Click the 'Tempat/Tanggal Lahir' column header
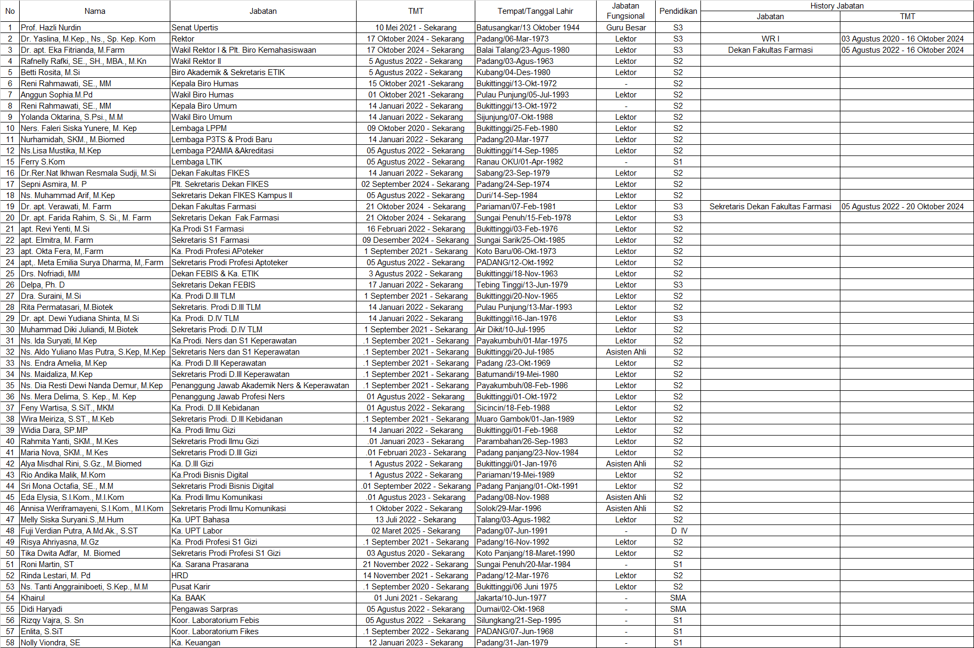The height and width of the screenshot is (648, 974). point(535,11)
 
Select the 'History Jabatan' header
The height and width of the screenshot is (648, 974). point(837,6)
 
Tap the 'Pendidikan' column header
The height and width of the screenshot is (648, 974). point(678,11)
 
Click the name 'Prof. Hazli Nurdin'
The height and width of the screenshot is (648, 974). point(51,28)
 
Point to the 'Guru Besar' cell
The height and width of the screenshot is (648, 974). point(625,28)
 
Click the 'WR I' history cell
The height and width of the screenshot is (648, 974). point(770,39)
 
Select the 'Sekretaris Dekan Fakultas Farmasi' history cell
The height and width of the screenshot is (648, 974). point(770,207)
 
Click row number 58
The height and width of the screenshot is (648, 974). point(10,643)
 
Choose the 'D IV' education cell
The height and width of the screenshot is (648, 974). point(679,531)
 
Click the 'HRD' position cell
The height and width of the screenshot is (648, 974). point(180,576)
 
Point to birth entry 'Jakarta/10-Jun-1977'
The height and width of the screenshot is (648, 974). point(511,598)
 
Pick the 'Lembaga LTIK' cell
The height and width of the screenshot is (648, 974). point(197,162)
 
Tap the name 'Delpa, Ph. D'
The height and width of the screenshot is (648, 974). point(43,285)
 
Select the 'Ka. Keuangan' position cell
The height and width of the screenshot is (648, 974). point(196,643)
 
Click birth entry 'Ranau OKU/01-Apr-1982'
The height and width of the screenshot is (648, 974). point(519,162)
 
